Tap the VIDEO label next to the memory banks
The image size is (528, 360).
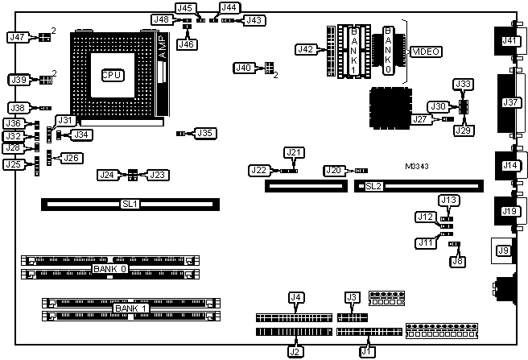click(x=426, y=52)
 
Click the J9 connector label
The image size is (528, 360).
click(x=504, y=251)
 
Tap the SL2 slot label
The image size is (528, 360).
click(x=373, y=187)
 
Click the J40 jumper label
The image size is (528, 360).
click(x=244, y=68)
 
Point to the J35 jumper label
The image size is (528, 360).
click(x=206, y=133)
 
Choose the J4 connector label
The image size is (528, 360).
click(x=295, y=298)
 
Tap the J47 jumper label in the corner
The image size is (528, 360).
click(x=16, y=37)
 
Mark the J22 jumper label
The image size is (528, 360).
click(x=258, y=170)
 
